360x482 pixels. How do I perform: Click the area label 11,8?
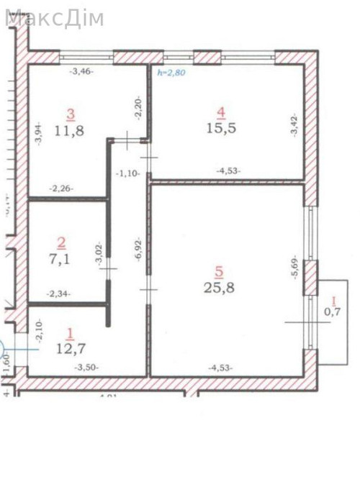[x=71, y=132]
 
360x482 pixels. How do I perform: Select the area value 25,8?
[x=220, y=288]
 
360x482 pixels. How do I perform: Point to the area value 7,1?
[x=63, y=259]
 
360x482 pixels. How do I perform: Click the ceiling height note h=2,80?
[x=171, y=73]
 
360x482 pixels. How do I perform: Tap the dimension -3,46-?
[x=81, y=72]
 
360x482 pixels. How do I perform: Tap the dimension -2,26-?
[x=61, y=189]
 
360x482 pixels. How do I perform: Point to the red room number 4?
[x=222, y=112]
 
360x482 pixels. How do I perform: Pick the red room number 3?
[x=71, y=114]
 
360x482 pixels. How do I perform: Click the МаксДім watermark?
[x=54, y=18]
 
